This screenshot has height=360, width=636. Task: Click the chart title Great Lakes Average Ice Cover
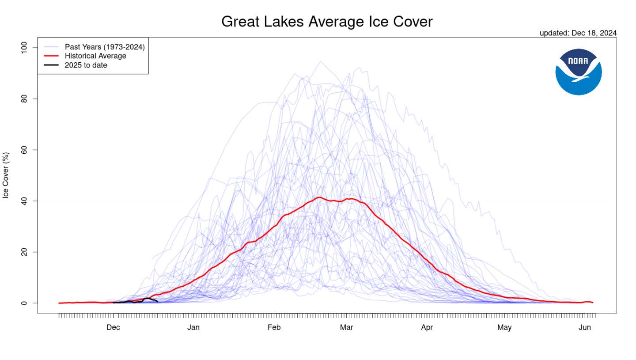[x=326, y=22]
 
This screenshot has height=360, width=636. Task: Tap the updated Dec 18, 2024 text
[x=578, y=33]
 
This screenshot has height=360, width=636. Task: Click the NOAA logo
[x=578, y=72]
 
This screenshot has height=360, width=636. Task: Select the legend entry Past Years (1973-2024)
[x=105, y=46]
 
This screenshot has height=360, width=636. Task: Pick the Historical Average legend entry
[x=95, y=56]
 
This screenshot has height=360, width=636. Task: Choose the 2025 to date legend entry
[x=86, y=65]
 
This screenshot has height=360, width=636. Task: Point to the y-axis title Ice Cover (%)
[x=6, y=175]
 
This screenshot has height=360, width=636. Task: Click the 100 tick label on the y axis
[x=24, y=48]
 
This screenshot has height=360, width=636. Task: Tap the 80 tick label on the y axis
[x=24, y=99]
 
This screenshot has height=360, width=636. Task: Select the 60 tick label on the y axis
[x=24, y=150]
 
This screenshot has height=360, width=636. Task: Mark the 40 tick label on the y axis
[x=24, y=201]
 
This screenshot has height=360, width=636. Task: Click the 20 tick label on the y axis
[x=24, y=252]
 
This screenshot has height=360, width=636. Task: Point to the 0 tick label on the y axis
[x=24, y=303]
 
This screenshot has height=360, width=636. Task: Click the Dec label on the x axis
[x=114, y=327]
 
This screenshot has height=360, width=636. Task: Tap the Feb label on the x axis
[x=274, y=327]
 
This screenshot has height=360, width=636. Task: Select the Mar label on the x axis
[x=346, y=327]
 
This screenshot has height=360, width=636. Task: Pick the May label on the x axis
[x=504, y=327]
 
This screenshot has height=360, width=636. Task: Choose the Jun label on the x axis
[x=585, y=327]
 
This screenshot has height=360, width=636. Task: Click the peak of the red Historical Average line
[x=319, y=197]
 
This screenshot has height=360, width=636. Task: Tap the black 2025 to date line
[x=146, y=299]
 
